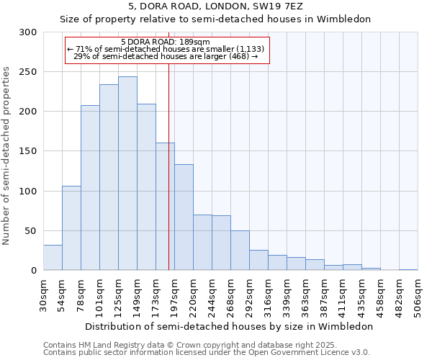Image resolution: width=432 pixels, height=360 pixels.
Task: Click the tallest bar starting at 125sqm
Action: (127, 173)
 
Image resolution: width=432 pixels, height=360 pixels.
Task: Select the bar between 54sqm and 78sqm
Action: (71, 228)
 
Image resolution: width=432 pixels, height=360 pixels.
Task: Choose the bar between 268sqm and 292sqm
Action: (240, 250)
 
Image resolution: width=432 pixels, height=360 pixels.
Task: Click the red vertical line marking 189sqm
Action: (168, 180)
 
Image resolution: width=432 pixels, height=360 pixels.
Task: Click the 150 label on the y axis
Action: (28, 151)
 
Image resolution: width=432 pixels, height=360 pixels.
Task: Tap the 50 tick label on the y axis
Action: (31, 231)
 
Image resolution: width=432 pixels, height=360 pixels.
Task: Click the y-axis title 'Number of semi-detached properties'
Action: (7, 156)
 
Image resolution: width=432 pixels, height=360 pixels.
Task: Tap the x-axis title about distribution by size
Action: (229, 326)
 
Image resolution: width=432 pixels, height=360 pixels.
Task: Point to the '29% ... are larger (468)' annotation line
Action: (166, 56)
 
